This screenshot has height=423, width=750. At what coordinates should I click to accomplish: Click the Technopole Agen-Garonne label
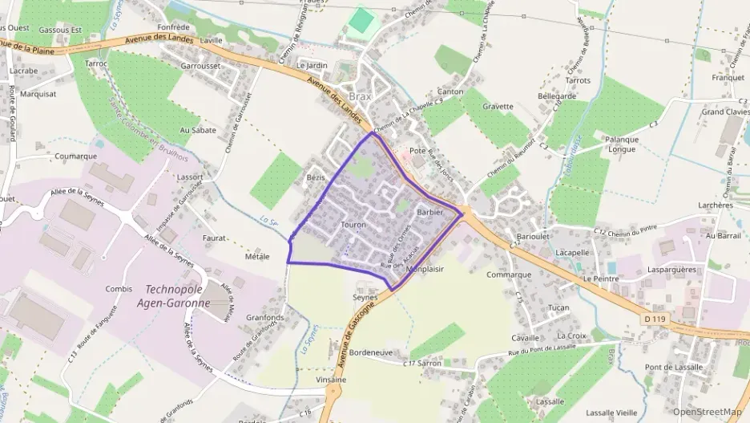(x=177, y=296)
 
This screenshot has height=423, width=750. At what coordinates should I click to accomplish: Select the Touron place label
(x=353, y=226)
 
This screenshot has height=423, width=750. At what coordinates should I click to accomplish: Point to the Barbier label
(x=430, y=212)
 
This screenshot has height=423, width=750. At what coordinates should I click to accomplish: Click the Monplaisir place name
(x=425, y=269)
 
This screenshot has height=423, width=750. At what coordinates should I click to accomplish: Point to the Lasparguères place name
(x=671, y=270)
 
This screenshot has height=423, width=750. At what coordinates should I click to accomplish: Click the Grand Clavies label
(x=726, y=112)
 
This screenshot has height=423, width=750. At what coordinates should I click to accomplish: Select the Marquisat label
(x=38, y=93)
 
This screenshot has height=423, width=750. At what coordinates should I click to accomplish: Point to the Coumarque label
(x=77, y=156)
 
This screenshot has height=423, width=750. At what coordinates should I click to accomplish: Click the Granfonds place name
(x=265, y=317)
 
